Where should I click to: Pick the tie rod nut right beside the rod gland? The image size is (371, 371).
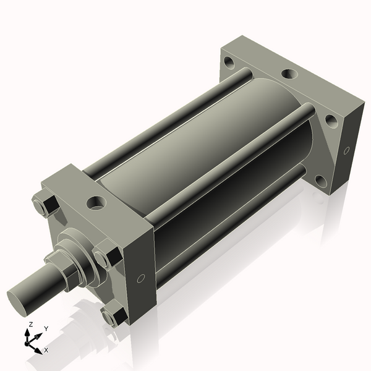coord(106,256)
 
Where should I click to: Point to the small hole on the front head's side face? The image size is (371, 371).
coord(141,279)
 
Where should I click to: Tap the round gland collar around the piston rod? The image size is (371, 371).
coord(80,250)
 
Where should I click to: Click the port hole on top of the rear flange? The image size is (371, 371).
coord(289,74)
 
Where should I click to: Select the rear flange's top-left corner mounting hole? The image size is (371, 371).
coord(230,62)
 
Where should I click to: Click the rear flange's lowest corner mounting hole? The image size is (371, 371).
coord(320,181)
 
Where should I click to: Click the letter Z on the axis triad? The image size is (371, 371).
coord(30,325)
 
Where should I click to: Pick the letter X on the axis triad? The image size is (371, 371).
coord(46,350)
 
